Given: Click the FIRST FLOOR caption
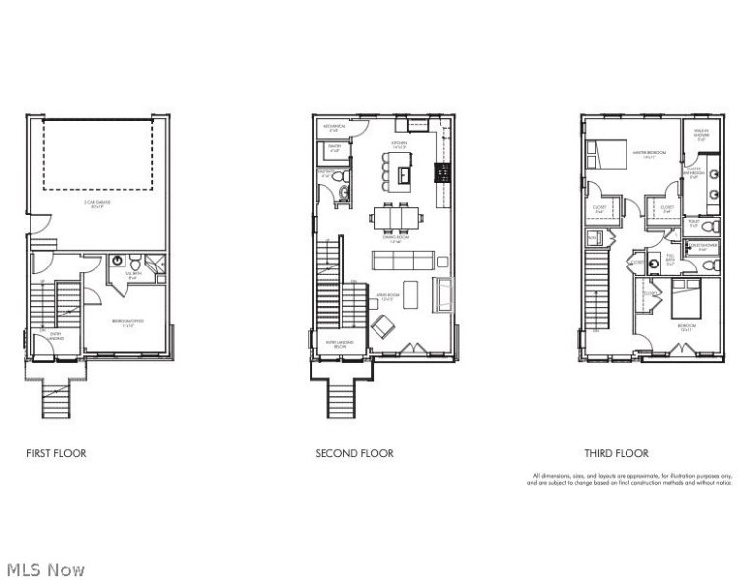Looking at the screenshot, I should [x=57, y=454].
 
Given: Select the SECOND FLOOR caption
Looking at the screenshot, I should [x=354, y=454].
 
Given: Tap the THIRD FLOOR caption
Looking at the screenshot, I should [x=617, y=454].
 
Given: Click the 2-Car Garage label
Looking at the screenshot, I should [x=96, y=204].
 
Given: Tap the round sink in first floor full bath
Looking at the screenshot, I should [x=118, y=262].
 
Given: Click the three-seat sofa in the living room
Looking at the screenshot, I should [x=403, y=261].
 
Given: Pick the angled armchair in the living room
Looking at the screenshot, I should [x=381, y=326].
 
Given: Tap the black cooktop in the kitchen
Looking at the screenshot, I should [x=442, y=173].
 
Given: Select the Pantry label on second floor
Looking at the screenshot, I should [x=334, y=150].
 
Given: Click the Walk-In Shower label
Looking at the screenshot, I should [x=700, y=136].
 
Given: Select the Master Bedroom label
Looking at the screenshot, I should [x=642, y=155].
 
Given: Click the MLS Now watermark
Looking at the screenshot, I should [x=45, y=569].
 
